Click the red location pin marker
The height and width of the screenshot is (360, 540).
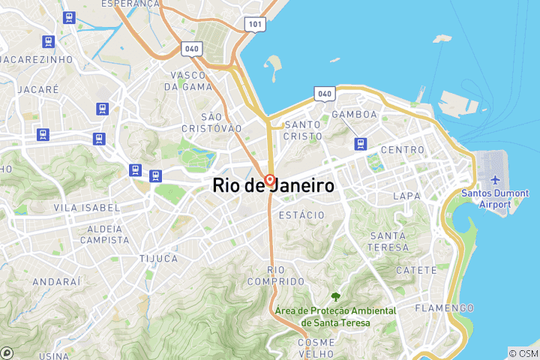click(269, 181)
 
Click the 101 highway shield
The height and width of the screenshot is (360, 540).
click(255, 24)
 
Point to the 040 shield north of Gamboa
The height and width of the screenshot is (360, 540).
click(324, 94)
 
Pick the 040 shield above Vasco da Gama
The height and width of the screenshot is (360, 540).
click(191, 49)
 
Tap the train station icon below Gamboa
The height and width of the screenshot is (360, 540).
click(361, 143)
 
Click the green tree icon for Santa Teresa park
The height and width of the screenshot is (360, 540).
click(334, 298)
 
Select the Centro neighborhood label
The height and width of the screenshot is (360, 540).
click(403, 150)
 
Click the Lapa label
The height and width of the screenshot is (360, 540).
click(407, 196)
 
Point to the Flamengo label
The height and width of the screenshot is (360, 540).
click(447, 308)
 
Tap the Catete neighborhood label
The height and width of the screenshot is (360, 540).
click(415, 270)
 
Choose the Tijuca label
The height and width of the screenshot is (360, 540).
click(158, 259)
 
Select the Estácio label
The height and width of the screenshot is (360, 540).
click(301, 215)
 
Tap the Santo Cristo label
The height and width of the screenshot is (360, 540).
click(303, 130)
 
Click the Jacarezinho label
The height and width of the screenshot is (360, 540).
click(37, 59)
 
